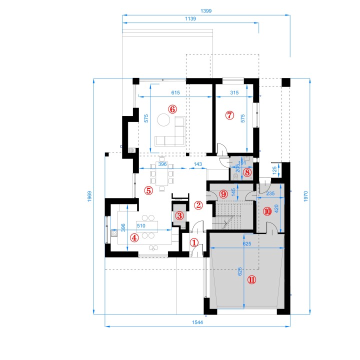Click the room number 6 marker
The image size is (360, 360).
click(172, 109)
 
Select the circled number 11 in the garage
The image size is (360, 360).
click(251, 279)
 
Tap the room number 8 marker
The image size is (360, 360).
click(247, 172)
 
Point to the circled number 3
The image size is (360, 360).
click(179, 215)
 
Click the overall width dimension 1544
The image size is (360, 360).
click(197, 322)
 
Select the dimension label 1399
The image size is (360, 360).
click(206, 11)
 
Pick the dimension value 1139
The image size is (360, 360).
click(190, 18)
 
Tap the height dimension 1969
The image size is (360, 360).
click(89, 196)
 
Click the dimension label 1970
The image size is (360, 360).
click(305, 196)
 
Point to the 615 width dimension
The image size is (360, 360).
click(175, 93)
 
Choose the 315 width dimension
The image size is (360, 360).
click(234, 93)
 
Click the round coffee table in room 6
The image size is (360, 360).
click(163, 120)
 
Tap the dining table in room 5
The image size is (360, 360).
click(162, 173)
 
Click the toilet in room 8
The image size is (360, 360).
click(235, 176)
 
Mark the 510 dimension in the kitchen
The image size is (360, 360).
click(141, 225)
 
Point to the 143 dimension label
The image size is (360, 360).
click(197, 164)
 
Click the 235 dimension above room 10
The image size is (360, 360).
click(270, 193)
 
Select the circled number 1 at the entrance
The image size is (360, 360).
click(194, 242)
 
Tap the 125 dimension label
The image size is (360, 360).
click(274, 170)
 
